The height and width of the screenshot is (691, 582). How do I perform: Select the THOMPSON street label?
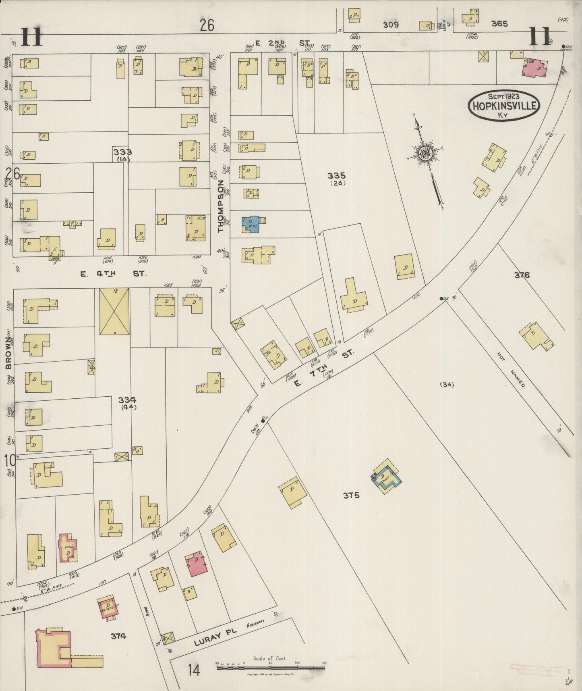pos(220,206)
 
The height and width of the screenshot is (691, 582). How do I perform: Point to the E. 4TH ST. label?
pos(113,274)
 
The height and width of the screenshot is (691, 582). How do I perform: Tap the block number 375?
pos(351,495)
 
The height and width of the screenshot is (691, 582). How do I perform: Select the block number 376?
pos(522,275)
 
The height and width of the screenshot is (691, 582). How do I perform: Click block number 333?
pos(122,152)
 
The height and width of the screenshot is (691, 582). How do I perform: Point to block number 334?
pos(127,400)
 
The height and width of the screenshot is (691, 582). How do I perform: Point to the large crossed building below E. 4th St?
pos(114,311)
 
